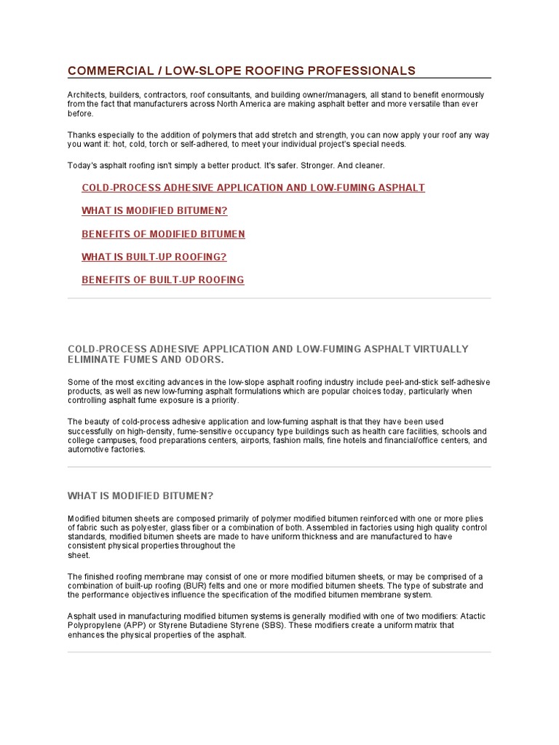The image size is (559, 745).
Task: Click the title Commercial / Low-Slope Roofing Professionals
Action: point(242,71)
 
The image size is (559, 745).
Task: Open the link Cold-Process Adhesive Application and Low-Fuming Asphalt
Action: point(253,188)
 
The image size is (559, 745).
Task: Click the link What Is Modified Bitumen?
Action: point(154,211)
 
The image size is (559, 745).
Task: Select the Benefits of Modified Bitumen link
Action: point(163,234)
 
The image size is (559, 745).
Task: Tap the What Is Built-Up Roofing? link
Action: point(154,257)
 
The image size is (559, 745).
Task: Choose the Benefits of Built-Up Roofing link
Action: point(163,280)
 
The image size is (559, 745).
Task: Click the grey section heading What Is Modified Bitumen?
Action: point(140,496)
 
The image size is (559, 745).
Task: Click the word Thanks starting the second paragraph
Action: point(82,135)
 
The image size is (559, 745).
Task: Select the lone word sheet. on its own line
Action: point(79,555)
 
